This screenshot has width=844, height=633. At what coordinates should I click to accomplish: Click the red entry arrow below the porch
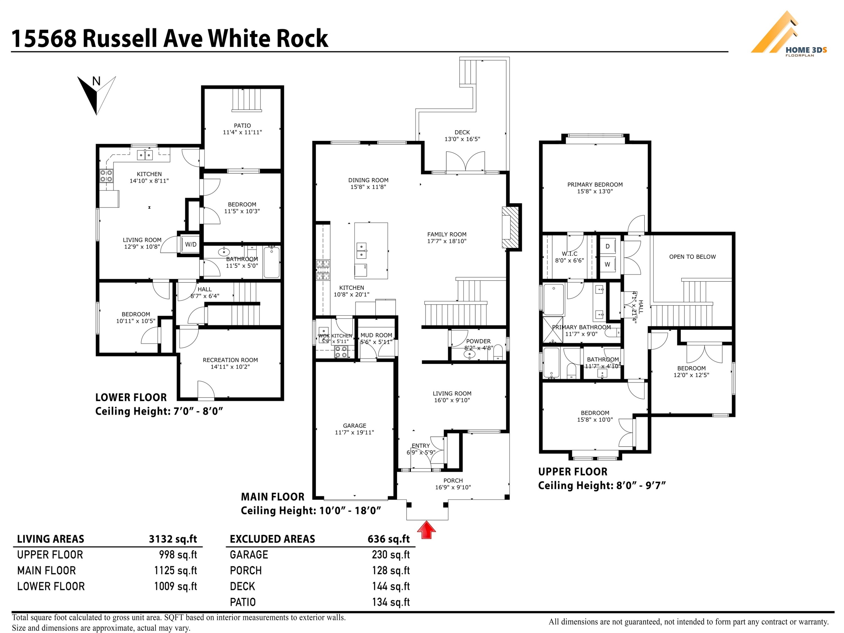click(426, 530)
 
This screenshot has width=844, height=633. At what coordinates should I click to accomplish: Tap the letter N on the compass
click(96, 81)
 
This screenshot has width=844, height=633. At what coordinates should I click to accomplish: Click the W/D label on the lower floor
click(191, 244)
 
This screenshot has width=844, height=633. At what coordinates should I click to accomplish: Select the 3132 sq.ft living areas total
click(173, 539)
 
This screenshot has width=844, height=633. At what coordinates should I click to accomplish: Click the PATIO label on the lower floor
click(242, 125)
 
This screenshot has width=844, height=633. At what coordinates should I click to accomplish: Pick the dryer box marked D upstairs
click(607, 246)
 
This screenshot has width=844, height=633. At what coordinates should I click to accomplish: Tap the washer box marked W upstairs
click(607, 264)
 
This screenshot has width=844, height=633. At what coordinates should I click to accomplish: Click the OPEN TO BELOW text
click(692, 257)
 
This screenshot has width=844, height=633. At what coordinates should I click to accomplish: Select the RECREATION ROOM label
click(230, 360)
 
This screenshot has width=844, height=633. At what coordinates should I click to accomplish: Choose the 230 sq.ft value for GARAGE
click(391, 555)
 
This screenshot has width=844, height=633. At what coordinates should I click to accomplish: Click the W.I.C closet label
click(569, 254)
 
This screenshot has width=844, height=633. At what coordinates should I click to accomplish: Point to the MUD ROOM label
click(376, 335)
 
